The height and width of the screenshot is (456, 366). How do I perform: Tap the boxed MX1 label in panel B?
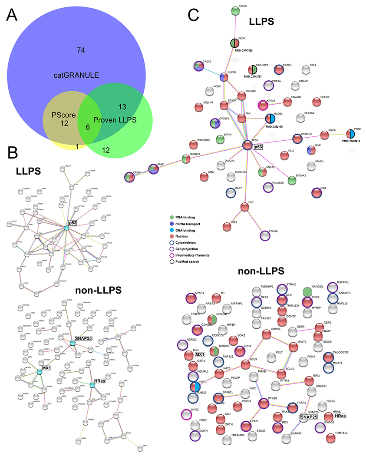click(44, 369)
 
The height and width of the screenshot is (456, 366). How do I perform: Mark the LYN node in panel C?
click(244, 207)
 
